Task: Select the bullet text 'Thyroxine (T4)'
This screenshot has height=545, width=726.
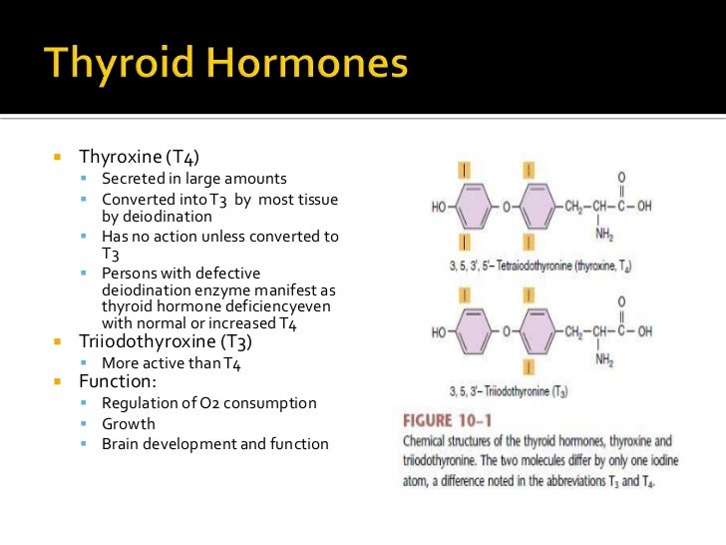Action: (146, 157)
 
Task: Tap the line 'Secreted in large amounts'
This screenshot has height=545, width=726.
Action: (193, 179)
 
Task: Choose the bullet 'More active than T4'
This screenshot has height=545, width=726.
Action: (172, 362)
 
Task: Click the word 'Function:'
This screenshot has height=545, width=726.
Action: (119, 381)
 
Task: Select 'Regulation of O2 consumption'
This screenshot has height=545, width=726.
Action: (208, 403)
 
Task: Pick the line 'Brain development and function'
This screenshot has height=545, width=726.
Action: (214, 443)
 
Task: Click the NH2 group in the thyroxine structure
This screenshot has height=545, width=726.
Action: (605, 236)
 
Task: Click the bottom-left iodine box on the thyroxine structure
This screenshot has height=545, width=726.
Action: (465, 243)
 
